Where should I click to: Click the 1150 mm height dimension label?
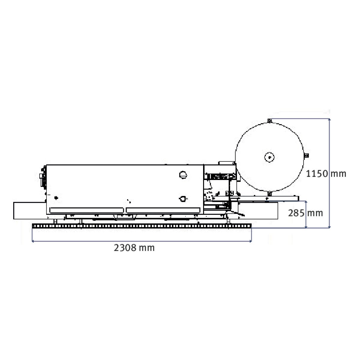point(326,174)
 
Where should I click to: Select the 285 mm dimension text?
point(305,213)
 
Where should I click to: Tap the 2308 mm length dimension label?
point(134,248)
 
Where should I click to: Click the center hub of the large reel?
point(269,157)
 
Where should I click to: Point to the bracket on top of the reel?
point(269,121)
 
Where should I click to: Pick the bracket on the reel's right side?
point(306,155)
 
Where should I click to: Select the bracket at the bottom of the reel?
point(269,193)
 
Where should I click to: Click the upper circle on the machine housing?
point(183,175)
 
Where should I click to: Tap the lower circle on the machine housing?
point(183,199)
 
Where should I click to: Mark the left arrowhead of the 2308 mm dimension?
point(33,241)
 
